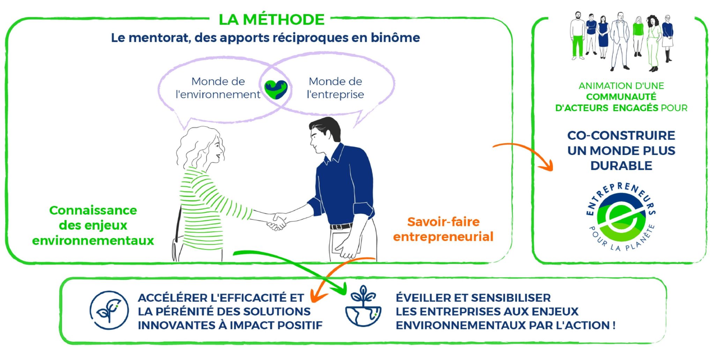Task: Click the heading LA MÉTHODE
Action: click(272, 20)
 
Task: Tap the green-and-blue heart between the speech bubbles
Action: click(276, 89)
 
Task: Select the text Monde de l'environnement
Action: click(218, 88)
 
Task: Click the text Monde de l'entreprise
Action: click(335, 88)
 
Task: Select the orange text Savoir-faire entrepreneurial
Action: click(443, 229)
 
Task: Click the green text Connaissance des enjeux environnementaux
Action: click(93, 225)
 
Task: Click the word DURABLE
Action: click(621, 166)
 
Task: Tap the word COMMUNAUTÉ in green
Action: click(621, 97)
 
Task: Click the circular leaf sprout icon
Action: click(109, 310)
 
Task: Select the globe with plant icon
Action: click(363, 306)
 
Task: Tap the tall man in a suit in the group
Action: click(620, 41)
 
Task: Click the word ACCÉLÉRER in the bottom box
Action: click(173, 298)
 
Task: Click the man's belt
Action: click(341, 227)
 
